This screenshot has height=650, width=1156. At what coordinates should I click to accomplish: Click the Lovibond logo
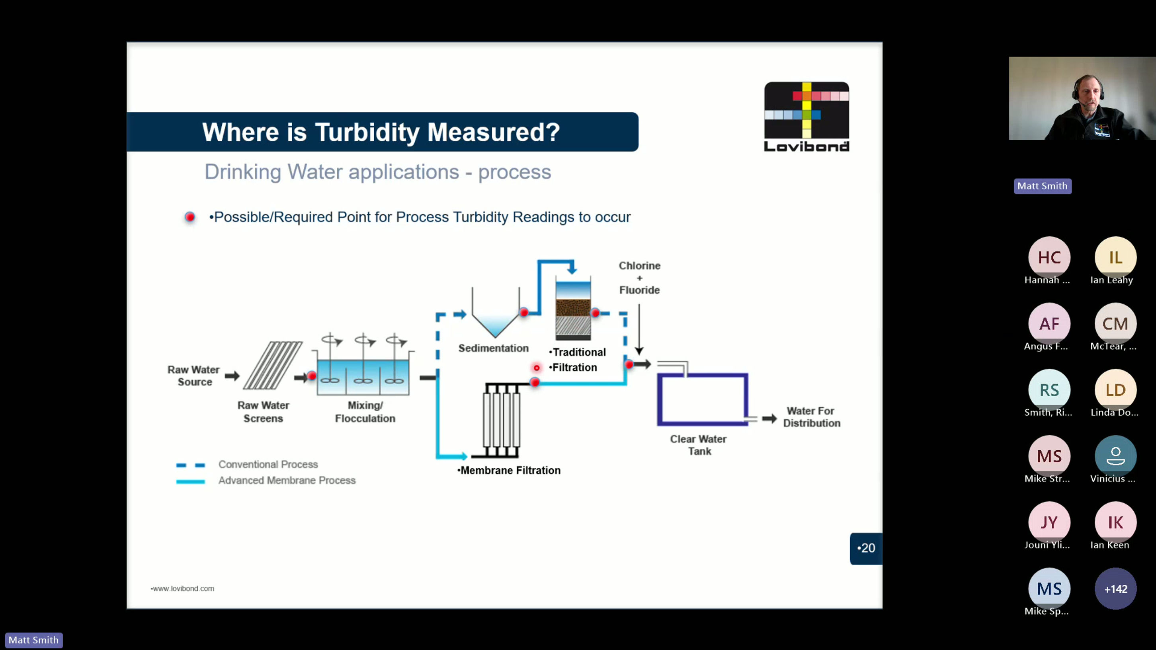tap(806, 117)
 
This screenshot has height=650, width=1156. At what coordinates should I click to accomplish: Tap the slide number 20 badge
tap(866, 548)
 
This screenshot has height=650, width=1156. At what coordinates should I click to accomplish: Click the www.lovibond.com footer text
tap(183, 589)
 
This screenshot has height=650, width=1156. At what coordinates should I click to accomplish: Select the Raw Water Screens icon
tap(272, 365)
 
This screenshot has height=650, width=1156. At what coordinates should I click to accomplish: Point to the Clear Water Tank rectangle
tap(702, 399)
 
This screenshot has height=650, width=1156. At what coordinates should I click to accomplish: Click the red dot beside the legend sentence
tap(190, 217)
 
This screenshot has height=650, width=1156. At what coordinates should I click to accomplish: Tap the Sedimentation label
tap(493, 348)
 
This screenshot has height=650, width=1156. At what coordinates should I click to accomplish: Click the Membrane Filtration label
tap(509, 470)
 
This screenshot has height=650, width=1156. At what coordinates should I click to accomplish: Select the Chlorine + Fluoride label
tap(639, 278)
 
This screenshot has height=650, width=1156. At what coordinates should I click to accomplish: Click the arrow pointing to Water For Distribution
tap(769, 418)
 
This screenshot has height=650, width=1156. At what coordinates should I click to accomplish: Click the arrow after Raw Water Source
tap(232, 376)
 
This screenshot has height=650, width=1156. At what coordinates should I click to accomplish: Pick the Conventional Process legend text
tap(268, 464)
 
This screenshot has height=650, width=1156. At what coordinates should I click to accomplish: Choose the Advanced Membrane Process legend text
tap(287, 481)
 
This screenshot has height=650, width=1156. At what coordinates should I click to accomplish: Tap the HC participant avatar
tap(1049, 257)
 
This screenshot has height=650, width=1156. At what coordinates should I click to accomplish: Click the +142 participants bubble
tap(1116, 589)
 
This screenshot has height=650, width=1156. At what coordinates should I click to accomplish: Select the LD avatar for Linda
tap(1116, 390)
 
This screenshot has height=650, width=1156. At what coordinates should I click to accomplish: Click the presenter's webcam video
tap(1082, 98)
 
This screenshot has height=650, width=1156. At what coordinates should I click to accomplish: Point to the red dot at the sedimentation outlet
tap(524, 312)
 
